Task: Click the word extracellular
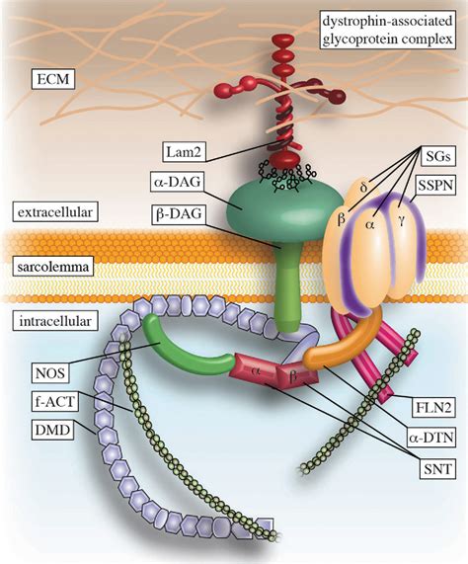49,212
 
